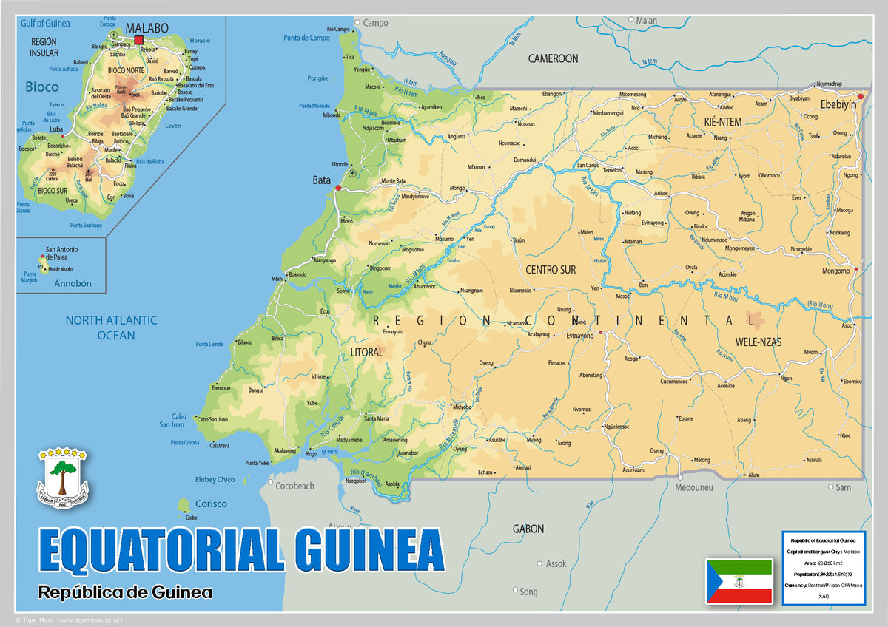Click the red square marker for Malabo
coord(138,40)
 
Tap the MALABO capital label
coord(147,28)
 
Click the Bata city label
coord(321,180)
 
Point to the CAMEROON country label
coord(553,58)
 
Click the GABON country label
coord(528,529)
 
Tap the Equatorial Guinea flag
coord(739,580)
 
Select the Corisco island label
coord(211,504)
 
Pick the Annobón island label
coord(73,283)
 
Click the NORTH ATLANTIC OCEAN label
coord(111,328)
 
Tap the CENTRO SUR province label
coord(551,270)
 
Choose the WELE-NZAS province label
coord(758,342)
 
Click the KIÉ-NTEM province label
coord(716,121)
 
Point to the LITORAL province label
coord(366,353)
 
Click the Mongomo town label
coord(835,271)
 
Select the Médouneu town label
coord(694,487)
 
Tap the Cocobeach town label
coord(295,486)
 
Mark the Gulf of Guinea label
coord(45,23)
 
